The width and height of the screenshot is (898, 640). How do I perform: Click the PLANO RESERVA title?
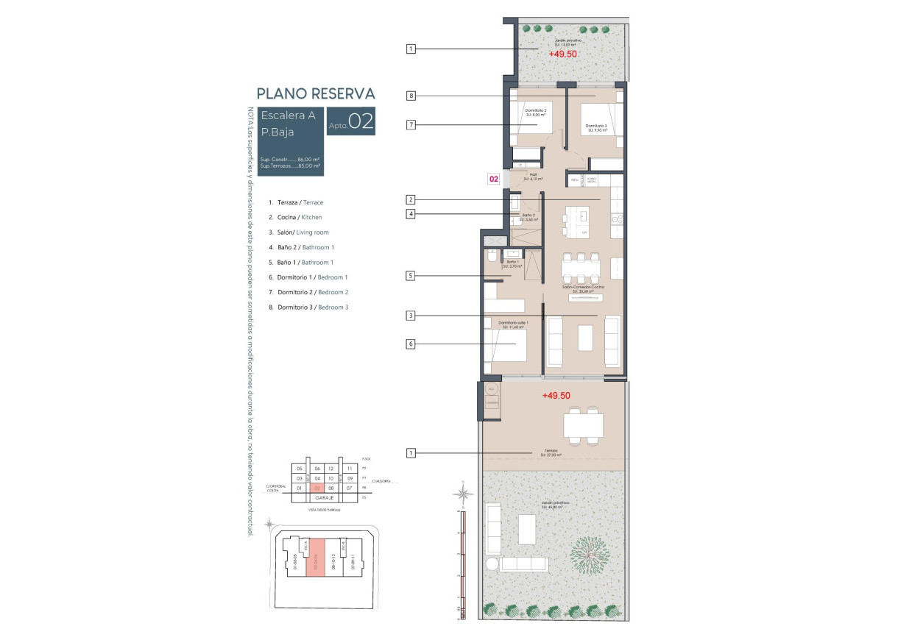tap(315, 93)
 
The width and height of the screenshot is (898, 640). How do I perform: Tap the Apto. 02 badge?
tap(351, 122)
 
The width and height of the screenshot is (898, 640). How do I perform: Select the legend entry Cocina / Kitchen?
tap(295, 217)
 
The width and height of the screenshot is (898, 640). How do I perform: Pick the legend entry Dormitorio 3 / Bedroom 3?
tap(308, 307)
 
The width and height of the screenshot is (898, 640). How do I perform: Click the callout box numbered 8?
tap(411, 96)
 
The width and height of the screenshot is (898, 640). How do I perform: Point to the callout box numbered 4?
tap(411, 214)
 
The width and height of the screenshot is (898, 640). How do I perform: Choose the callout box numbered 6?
tap(411, 344)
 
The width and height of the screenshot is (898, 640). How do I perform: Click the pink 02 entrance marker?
tap(495, 178)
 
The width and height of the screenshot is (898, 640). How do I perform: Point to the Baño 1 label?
tap(513, 263)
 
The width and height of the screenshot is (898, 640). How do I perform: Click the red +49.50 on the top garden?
tap(562, 54)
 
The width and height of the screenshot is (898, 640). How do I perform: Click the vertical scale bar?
tap(462, 566)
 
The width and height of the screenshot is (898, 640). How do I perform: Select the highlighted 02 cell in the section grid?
tap(317, 488)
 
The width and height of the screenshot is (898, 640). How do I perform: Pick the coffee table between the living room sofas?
tap(585, 338)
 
